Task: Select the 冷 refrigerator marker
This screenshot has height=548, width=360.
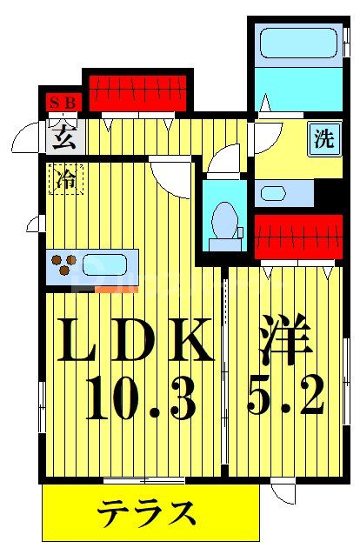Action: point(65,179)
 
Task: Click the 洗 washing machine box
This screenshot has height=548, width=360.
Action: point(323,139)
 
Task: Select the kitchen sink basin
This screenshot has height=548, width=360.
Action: point(106,263)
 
